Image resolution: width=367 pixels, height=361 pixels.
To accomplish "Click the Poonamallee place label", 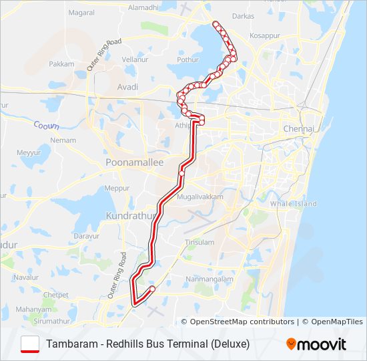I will click(x=134, y=162).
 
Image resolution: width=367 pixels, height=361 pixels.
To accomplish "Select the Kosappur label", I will click(x=264, y=35).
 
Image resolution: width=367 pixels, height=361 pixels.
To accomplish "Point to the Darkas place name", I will click(x=244, y=15).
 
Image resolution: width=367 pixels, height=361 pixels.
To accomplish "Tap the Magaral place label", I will click(x=81, y=13).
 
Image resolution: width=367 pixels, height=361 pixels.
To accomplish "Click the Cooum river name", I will click(x=46, y=125).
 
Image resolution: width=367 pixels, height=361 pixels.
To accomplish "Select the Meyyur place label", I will click(x=29, y=153).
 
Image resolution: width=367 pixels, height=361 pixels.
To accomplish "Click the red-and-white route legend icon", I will click(x=30, y=344).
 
